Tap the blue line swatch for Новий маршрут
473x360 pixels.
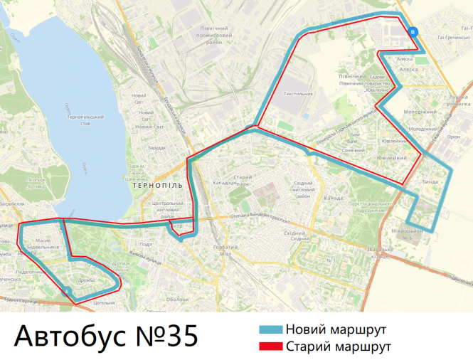(x=270, y=330)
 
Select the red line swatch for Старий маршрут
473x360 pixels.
(x=270, y=346)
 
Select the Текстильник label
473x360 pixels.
(x=297, y=93)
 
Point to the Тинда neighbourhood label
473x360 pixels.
(x=431, y=181)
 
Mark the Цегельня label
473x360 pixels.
(x=104, y=303)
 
